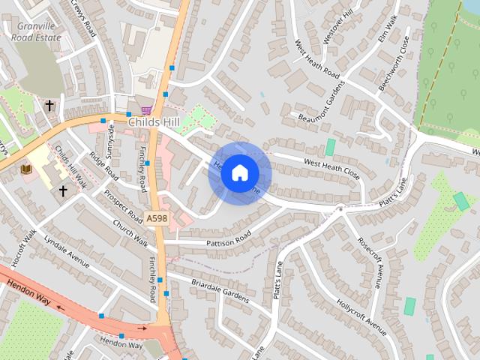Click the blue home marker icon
pos(239,173)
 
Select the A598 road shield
pos(157,217)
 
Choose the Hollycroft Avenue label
pos(361,317)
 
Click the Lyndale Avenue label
pos(66,254)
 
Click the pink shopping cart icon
pos(145,109)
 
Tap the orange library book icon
pos(27,169)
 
